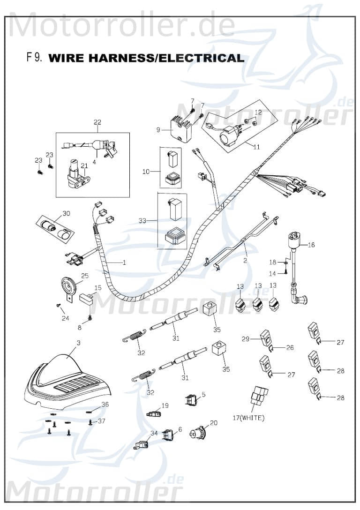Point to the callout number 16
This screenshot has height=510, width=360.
pyautogui.click(x=312, y=245)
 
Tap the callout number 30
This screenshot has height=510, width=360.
pyautogui.click(x=66, y=214)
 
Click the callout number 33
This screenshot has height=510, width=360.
pyautogui.click(x=146, y=219)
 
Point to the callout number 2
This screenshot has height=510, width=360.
pyautogui.click(x=244, y=259)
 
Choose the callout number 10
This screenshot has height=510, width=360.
pyautogui.click(x=146, y=172)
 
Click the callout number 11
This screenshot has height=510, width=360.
pyautogui.click(x=256, y=147)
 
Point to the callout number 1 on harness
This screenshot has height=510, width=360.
pyautogui.click(x=124, y=262)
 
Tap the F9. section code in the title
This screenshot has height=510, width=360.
pyautogui.click(x=35, y=58)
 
